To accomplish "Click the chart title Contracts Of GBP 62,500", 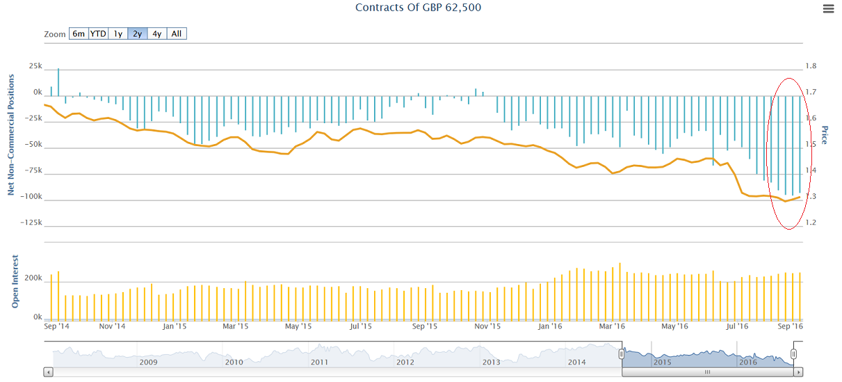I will [418, 8].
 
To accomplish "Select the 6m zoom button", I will [79, 33].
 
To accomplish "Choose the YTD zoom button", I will [98, 33].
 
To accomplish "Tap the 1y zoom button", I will [118, 33].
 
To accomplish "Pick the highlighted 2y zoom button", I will [138, 33].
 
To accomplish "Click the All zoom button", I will [177, 33].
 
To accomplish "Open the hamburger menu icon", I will [828, 9].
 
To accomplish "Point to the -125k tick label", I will [29, 223].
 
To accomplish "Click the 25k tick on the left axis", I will [35, 66].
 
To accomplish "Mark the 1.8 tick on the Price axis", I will [811, 66].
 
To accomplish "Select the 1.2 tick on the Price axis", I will [811, 223].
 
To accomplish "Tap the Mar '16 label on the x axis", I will [611, 326].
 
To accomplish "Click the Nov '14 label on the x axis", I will [112, 326].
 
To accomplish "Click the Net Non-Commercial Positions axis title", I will [11, 136].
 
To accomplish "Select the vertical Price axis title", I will [825, 135].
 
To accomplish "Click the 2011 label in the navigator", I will [319, 362].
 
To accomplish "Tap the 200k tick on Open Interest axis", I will [32, 278].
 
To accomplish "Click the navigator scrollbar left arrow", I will [48, 372].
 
